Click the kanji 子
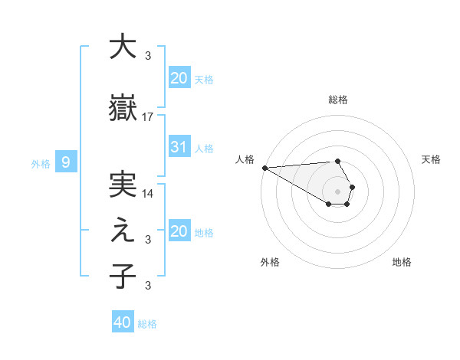coord(122,277)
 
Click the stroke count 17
coord(148,117)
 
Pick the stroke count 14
coord(148,193)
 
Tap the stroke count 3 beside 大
coord(148,55)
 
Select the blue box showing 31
coord(179,147)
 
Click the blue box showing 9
coord(66,162)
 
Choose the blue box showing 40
coord(123,322)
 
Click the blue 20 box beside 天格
coord(179,78)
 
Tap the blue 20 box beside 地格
coord(179,231)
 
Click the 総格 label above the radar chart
coord(338,100)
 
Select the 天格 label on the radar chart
coord(432,159)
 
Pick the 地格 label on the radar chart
coord(402,262)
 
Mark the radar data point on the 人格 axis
coord(264,168)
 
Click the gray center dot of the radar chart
coord(338,191)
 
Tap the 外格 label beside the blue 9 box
coord(40,163)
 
